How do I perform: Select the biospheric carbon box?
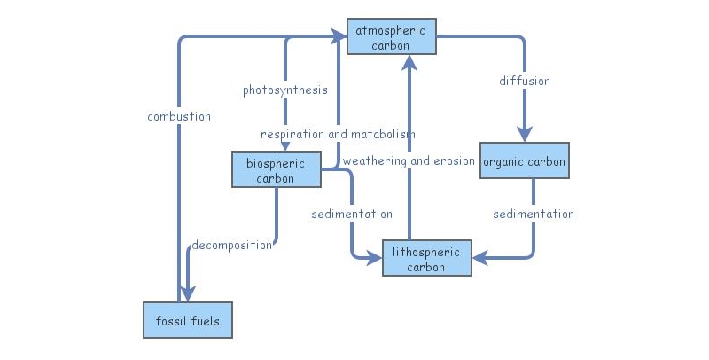point(277,169)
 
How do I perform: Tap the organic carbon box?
point(524,161)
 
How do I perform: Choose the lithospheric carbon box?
point(426,258)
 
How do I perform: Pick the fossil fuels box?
point(187,320)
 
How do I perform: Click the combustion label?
point(179,116)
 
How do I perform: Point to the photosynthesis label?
point(285,90)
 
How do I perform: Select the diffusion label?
point(525,81)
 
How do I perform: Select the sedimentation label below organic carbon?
point(534,214)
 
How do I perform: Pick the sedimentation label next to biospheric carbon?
point(351,214)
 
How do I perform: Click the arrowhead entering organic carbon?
point(525,135)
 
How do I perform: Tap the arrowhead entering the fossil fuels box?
point(187,294)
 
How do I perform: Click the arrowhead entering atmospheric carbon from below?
point(409,62)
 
